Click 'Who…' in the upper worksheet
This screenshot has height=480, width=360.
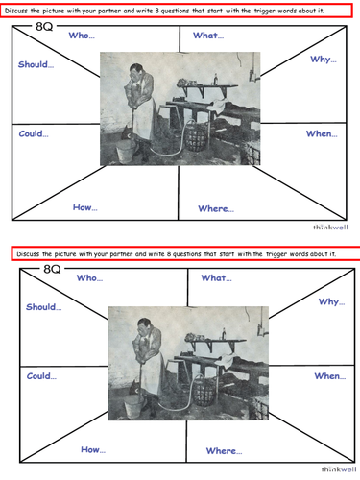(x=82, y=36)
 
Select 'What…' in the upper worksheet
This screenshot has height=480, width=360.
(x=208, y=36)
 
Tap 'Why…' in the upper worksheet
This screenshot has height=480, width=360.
(x=324, y=60)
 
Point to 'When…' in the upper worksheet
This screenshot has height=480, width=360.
(x=322, y=133)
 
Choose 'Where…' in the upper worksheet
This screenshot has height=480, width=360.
(x=216, y=208)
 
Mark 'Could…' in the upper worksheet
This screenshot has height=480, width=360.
(x=35, y=133)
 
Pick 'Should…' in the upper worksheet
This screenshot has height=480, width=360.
(x=36, y=65)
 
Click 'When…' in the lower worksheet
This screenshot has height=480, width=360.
(x=329, y=376)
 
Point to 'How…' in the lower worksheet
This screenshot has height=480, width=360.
(x=93, y=448)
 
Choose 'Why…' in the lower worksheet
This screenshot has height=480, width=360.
(x=331, y=301)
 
